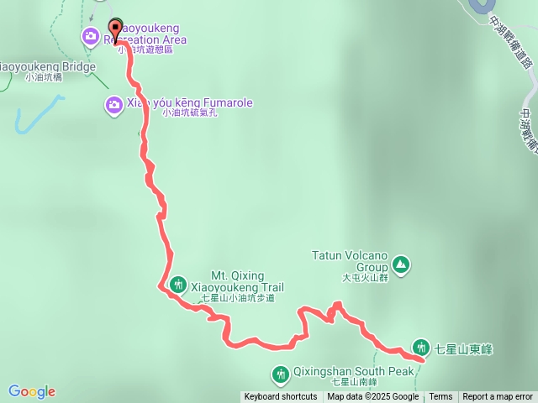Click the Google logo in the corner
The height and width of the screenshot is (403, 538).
click(32, 391)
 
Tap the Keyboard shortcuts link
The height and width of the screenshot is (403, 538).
click(281, 397)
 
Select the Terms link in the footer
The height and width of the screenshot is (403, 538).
click(440, 397)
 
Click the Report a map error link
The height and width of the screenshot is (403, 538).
click(498, 397)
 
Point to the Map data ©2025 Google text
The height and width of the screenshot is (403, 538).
click(372, 397)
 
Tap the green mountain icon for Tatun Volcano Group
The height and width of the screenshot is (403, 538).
click(402, 264)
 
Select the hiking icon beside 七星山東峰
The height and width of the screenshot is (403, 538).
click(420, 347)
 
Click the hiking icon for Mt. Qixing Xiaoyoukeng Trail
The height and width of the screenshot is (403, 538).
click(177, 285)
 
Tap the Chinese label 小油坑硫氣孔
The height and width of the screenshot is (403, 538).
click(191, 113)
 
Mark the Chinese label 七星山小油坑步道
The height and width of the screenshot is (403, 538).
click(237, 298)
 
